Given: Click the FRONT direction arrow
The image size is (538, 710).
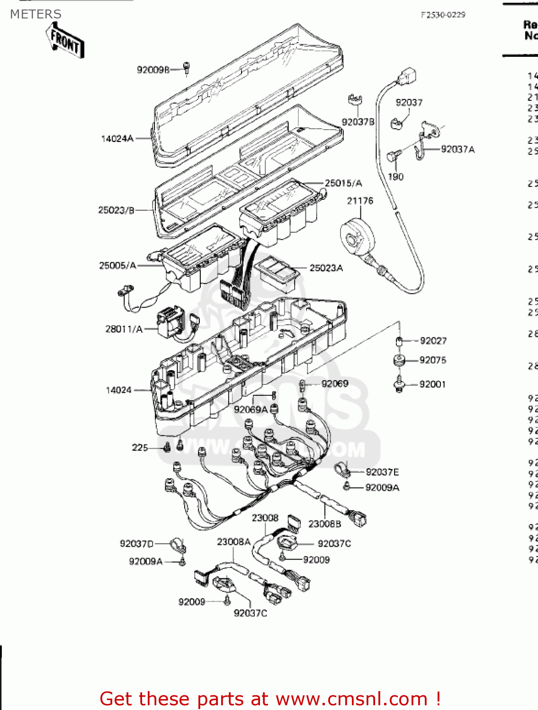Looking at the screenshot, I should (x=65, y=40).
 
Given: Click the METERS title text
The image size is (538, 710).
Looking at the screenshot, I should (x=36, y=14).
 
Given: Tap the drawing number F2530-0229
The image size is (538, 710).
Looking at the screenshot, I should (x=443, y=15).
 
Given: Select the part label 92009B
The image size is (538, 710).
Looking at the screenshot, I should (x=153, y=70).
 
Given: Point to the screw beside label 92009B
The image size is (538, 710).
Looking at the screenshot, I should (x=187, y=69).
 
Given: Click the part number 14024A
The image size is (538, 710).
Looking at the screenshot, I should (x=117, y=139).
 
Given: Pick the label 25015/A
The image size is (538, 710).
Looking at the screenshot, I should (x=343, y=183).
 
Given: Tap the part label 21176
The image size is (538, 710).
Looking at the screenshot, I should (x=360, y=201).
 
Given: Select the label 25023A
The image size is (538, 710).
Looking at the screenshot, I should (x=326, y=268).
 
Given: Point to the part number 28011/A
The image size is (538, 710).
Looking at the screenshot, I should (x=124, y=329).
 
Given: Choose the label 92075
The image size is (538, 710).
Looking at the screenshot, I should (x=433, y=360).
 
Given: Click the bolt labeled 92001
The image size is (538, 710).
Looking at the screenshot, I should (x=400, y=384).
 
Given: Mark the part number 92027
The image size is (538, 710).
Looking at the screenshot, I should (x=433, y=341).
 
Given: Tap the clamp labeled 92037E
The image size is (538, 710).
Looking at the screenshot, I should (x=341, y=470).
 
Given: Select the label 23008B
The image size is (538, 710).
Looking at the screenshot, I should (x=324, y=524).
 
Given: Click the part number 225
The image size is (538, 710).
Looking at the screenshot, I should (x=140, y=447).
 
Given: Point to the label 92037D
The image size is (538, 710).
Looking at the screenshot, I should (x=136, y=544).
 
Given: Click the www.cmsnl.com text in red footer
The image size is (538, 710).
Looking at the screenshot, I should (x=351, y=699).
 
